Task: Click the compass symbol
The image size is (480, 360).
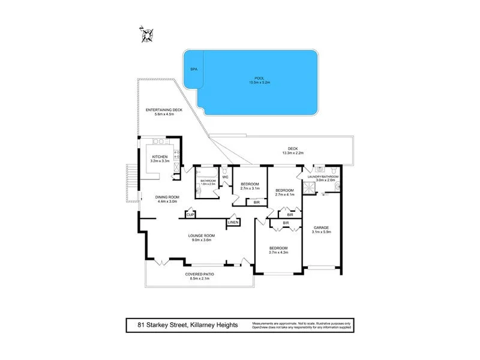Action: click(146, 35)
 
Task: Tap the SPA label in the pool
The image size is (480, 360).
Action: click(193, 70)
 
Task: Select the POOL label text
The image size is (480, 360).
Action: click(259, 77)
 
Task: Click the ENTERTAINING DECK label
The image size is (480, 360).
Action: click(164, 110)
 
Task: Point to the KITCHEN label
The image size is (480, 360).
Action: click(160, 157)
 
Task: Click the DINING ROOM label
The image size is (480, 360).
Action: click(167, 197)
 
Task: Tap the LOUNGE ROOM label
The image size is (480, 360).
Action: click(202, 236)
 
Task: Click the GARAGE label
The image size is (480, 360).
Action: click(322, 227)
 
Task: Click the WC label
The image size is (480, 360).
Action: click(226, 177)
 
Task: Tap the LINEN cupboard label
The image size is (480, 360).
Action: click(233, 223)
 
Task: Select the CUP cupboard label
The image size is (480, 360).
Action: click(190, 215)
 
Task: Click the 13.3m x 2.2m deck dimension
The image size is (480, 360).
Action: click(293, 153)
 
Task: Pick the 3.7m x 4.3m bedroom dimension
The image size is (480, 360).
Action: click(278, 253)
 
